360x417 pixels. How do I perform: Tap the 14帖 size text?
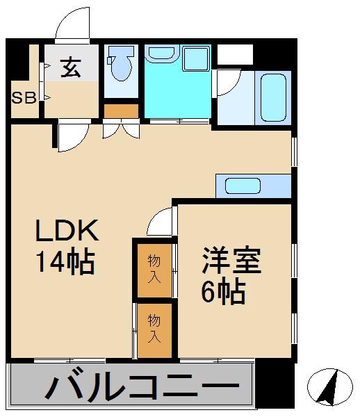[65, 262]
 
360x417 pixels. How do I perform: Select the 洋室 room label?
[231, 263]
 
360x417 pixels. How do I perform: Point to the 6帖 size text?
[223, 293]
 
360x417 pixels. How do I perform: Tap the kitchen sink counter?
[253, 186]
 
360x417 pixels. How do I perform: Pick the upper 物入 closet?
[154, 268]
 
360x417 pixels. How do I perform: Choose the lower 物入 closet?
[154, 329]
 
